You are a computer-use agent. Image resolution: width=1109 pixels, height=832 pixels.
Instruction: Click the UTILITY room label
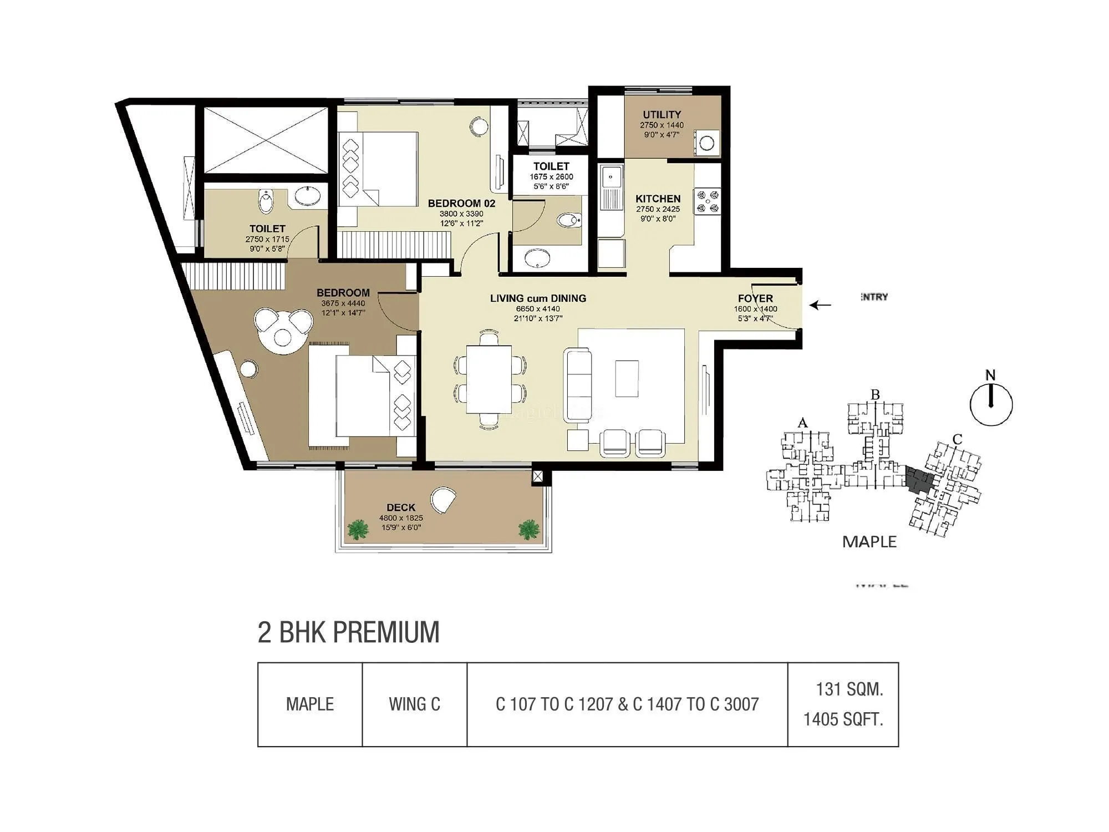(662, 115)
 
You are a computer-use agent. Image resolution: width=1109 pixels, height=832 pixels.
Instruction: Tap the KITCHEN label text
(658, 199)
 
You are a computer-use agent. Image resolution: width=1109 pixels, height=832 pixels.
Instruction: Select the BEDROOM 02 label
(461, 204)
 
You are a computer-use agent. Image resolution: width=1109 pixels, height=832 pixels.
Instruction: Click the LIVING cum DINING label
(538, 298)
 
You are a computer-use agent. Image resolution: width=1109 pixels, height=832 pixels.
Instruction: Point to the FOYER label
(755, 298)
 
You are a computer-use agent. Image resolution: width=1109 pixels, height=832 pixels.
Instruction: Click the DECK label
(401, 508)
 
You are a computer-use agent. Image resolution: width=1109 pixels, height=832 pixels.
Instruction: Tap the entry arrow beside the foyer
(820, 305)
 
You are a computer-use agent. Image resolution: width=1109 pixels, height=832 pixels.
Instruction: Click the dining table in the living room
(489, 379)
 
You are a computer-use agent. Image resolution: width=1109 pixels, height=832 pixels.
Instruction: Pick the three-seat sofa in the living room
(578, 378)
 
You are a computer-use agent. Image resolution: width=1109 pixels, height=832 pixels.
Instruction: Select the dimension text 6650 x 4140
(538, 309)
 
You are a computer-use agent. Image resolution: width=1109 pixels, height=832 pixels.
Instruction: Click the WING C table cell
(414, 704)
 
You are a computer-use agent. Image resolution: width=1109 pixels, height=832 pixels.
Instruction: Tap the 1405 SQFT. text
(843, 719)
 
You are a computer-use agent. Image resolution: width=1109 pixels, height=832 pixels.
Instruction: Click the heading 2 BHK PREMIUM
(348, 632)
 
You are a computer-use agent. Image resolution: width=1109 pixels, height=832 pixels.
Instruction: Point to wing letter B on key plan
(875, 395)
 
